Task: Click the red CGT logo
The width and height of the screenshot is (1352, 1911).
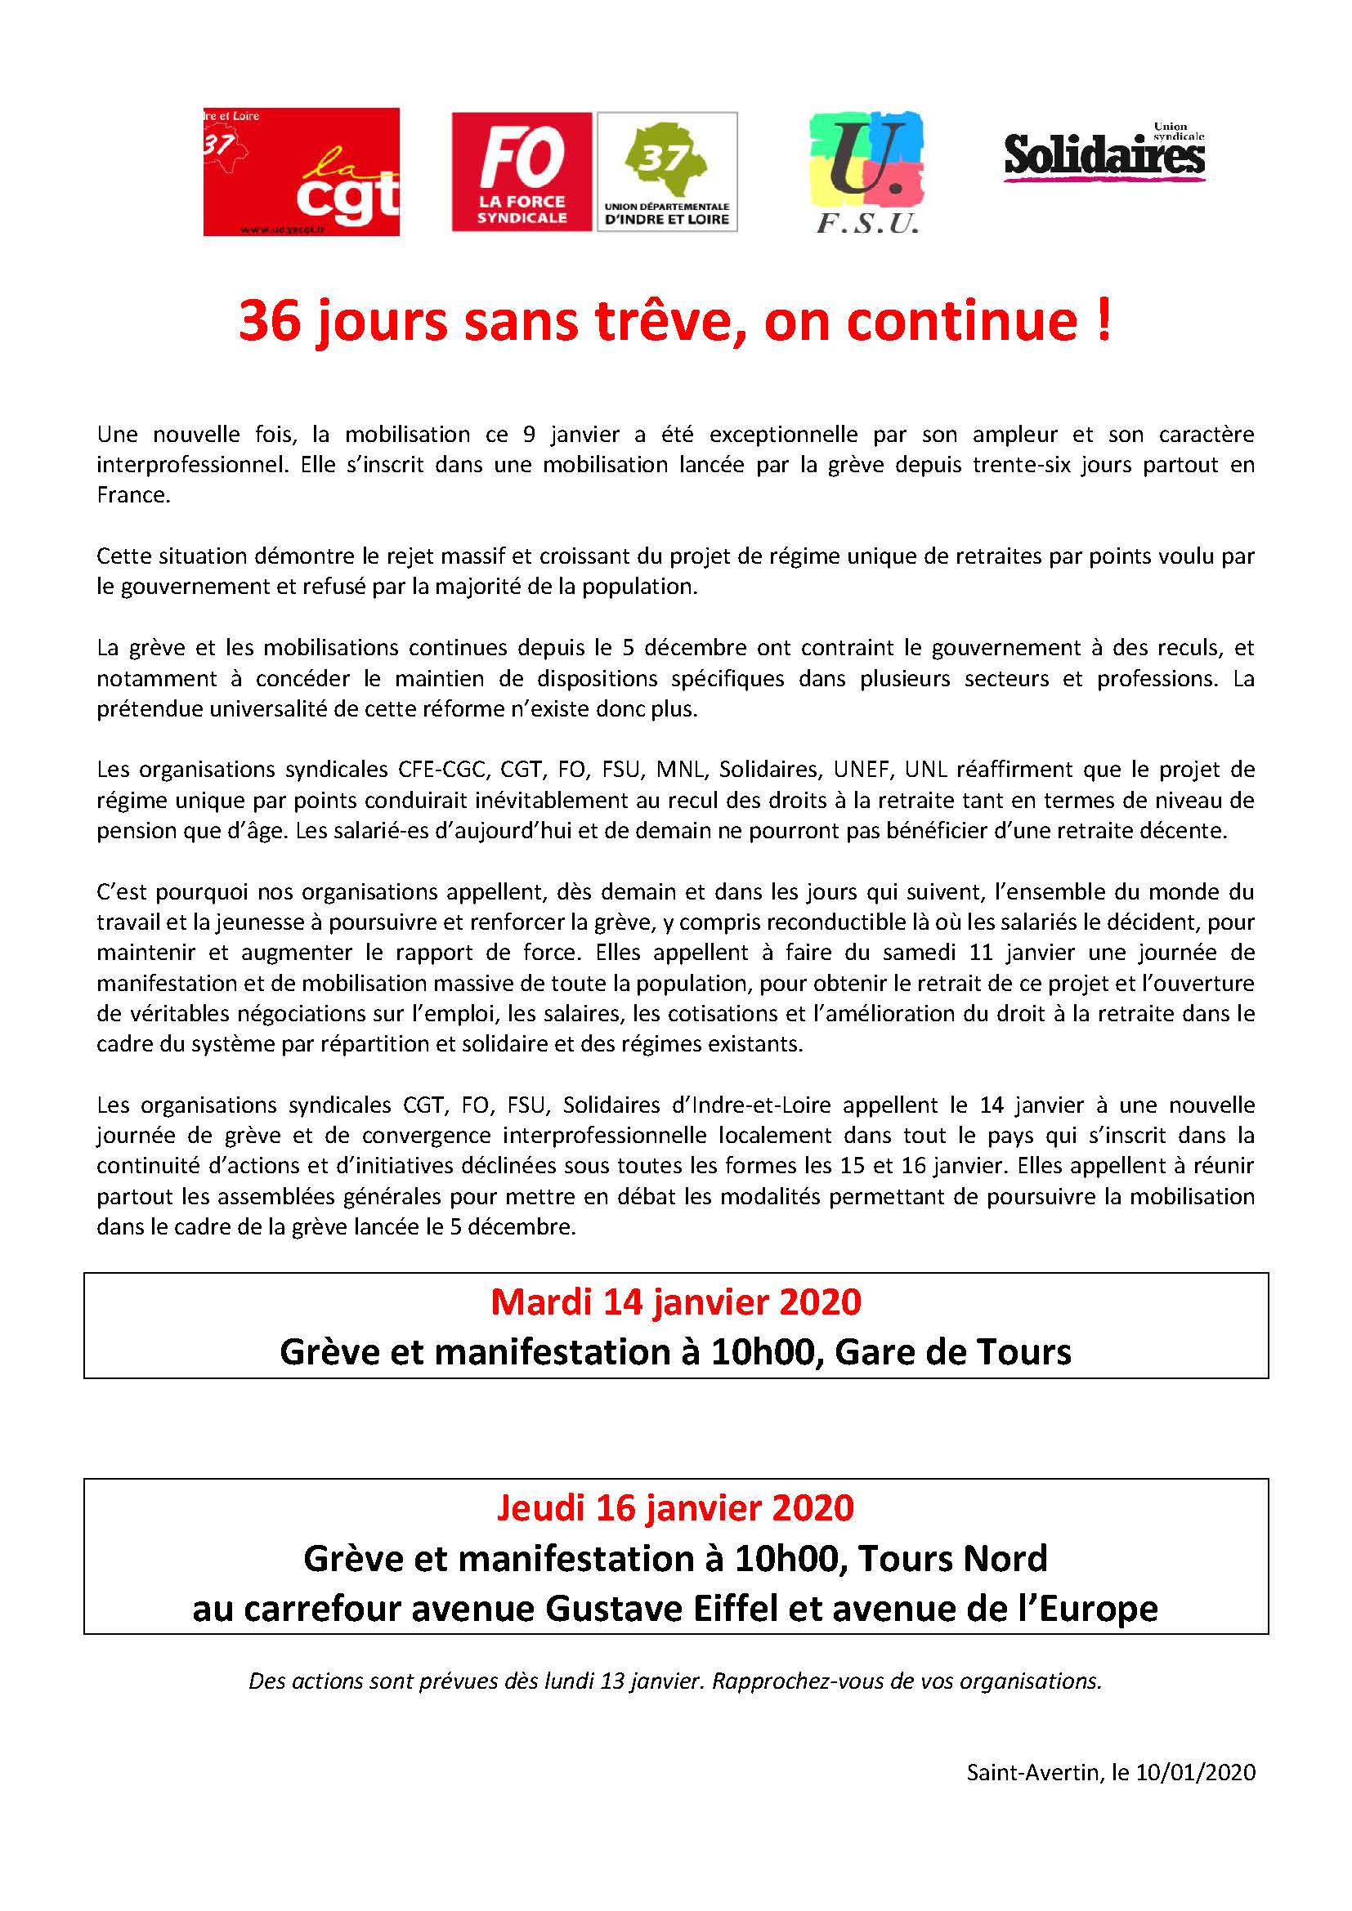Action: coord(302,172)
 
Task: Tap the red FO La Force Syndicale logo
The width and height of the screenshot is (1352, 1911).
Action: coord(522,172)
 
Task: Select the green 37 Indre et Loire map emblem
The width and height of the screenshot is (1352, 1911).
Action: coord(667,163)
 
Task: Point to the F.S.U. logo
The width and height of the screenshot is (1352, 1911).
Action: coord(866,172)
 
